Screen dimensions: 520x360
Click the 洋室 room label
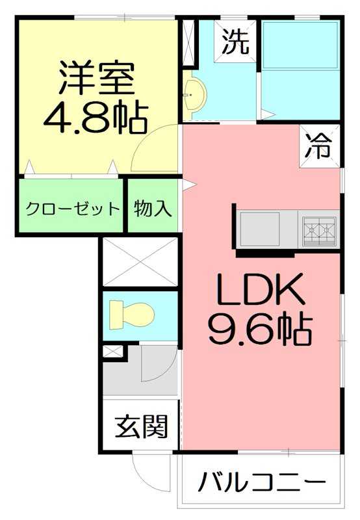[97, 77]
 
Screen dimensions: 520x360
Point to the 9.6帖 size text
[260, 330]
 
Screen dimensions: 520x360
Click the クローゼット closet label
[72, 209]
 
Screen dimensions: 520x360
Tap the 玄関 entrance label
[142, 427]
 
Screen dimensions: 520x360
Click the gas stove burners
[318, 229]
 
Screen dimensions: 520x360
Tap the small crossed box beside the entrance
[112, 352]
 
